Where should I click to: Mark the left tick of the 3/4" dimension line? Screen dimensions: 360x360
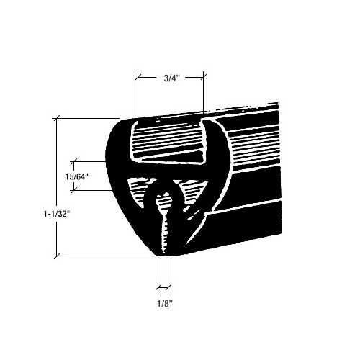point(137,74)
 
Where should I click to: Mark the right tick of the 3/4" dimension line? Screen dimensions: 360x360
point(204,74)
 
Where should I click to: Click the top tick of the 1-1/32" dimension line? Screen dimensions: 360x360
point(57,117)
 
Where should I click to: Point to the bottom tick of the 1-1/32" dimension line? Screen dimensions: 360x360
point(57,256)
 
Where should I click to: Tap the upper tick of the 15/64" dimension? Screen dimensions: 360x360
point(75,161)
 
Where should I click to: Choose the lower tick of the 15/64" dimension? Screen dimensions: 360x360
point(75,190)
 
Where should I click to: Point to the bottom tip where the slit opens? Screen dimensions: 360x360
point(163,253)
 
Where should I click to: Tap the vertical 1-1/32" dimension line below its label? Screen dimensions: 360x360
point(57,238)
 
